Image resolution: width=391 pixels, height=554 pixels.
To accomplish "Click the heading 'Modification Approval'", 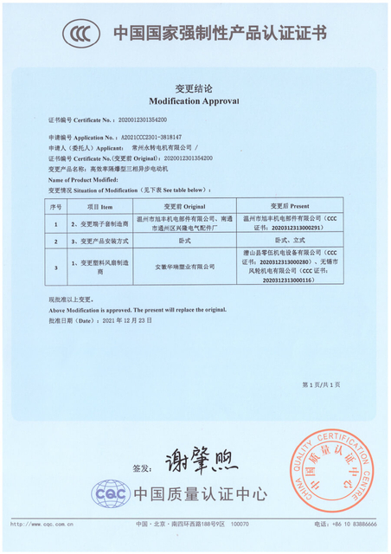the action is [x=195, y=100].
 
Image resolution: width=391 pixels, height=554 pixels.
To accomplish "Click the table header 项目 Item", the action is [x=100, y=208].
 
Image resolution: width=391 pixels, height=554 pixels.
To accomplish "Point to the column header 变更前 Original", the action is [x=182, y=208].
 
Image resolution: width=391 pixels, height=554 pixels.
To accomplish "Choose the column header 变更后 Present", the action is [x=289, y=208].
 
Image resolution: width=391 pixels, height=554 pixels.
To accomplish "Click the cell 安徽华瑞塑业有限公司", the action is [x=182, y=267].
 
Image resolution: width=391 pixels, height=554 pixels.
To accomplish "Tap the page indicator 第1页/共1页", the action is [x=321, y=384].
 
